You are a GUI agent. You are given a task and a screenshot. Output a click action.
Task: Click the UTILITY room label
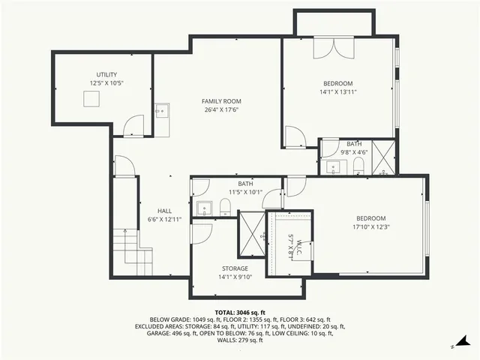[106, 75]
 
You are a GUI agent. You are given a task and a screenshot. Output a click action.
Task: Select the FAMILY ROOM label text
[221, 100]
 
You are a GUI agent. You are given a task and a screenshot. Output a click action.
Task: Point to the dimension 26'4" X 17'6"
[221, 109]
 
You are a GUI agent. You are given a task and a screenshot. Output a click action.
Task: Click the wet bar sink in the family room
[161, 111]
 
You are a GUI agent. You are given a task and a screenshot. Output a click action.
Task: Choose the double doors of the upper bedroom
[328, 49]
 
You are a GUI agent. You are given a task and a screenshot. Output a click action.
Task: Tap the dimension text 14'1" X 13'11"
[337, 92]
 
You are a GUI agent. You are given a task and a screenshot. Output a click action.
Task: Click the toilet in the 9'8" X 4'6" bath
[358, 164]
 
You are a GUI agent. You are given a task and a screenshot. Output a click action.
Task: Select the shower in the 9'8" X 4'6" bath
[383, 157]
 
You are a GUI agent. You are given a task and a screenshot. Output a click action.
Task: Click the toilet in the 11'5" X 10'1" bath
[224, 207]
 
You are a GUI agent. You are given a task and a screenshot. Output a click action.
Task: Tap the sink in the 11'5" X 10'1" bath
[202, 207]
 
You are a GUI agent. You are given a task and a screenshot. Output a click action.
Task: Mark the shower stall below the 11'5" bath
[251, 234]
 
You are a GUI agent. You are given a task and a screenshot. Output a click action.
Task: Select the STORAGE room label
[234, 268]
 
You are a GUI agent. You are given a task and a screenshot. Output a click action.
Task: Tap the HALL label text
[164, 211]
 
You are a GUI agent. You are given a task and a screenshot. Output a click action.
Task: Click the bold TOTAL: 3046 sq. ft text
[239, 312]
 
